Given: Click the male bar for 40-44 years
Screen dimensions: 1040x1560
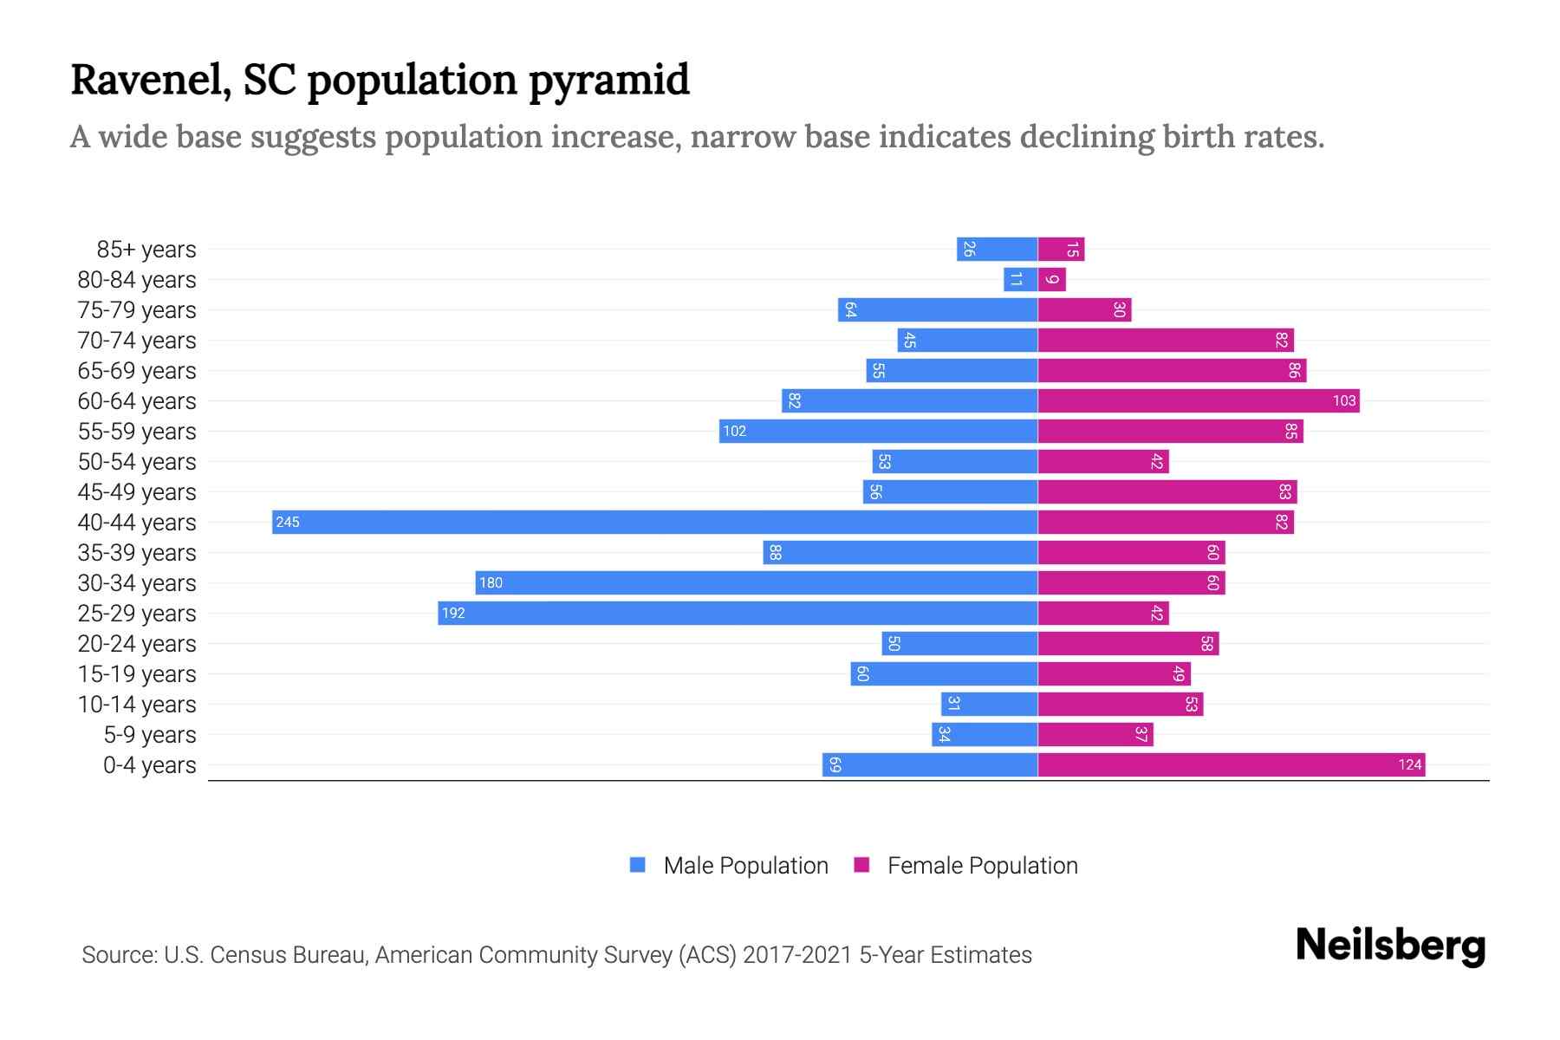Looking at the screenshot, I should [x=654, y=522].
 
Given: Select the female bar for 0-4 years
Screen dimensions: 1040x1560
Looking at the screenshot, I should [x=1231, y=764].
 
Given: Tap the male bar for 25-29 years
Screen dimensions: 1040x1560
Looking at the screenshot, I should [x=738, y=613].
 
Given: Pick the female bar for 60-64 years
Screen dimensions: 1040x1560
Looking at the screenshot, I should [x=1199, y=400].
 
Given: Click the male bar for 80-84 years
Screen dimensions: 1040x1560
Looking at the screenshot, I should [x=1021, y=279].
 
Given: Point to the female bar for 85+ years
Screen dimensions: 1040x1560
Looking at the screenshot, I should [x=1061, y=249].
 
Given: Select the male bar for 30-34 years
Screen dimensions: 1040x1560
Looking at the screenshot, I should [x=757, y=582].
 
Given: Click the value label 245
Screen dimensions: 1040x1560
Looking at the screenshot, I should [x=288, y=522].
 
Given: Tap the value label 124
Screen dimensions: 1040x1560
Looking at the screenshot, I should [x=1409, y=764].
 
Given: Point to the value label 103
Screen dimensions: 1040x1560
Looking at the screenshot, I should [x=1343, y=400].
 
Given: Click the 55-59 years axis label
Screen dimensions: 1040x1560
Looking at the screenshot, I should [x=137, y=432].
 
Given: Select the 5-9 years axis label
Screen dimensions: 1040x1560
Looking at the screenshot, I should [x=150, y=735].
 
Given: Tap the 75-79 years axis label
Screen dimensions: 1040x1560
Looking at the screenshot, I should [x=137, y=310].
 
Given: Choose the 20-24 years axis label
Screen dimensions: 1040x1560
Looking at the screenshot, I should [x=137, y=644].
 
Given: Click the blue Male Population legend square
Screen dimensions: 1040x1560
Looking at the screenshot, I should [x=638, y=865].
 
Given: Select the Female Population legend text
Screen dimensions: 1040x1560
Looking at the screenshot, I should [x=982, y=866].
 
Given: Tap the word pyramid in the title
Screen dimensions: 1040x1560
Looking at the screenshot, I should [x=609, y=81].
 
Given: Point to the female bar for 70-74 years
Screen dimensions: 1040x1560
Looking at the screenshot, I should [x=1166, y=340].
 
